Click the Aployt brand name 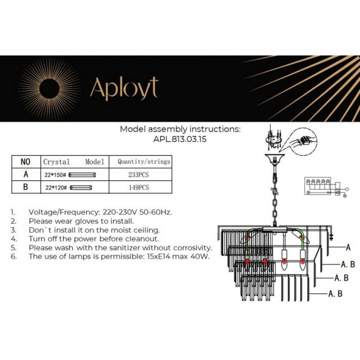[x=123, y=88]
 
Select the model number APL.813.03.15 [x=180, y=138]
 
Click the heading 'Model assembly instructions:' [x=180, y=129]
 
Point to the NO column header [x=25, y=162]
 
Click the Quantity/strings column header [x=144, y=162]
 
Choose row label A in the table [x=25, y=174]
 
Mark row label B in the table [x=25, y=187]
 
